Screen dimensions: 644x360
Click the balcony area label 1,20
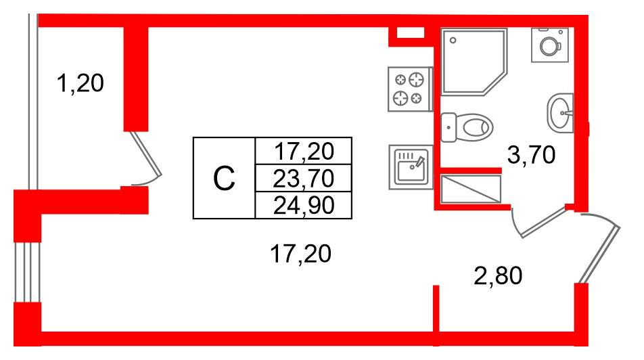point(80,83)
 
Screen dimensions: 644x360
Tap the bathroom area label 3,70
point(531,155)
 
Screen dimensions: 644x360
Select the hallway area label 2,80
point(498,276)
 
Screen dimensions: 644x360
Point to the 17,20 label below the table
point(300,254)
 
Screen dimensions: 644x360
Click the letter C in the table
point(224,179)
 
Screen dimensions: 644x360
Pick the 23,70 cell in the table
point(303,179)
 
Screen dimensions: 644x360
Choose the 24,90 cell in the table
point(303,205)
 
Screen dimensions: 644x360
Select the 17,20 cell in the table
point(303,151)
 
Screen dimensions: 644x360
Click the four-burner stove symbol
point(411,89)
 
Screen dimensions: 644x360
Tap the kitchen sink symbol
point(411,167)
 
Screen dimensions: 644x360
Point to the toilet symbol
point(467,127)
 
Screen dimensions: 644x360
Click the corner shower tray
point(474,62)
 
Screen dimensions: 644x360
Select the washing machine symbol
point(549,45)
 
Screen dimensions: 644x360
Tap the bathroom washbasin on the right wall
point(560,113)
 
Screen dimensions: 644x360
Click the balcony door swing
point(146,159)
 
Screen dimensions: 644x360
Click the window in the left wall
point(28,273)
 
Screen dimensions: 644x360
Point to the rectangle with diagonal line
point(471,189)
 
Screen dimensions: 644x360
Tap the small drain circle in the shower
point(453,41)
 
